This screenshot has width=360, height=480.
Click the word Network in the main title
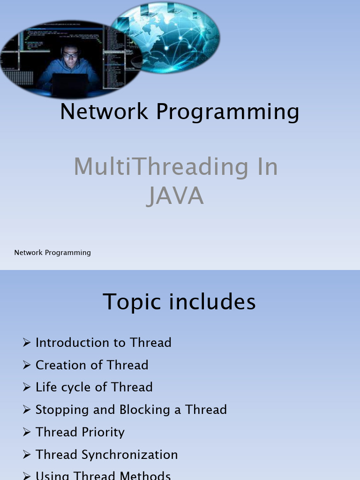point(104,112)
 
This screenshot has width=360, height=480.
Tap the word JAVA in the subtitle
point(175,196)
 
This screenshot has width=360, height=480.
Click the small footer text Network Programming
point(52,253)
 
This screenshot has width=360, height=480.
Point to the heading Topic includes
point(179,301)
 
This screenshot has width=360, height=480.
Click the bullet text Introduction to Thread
point(103,343)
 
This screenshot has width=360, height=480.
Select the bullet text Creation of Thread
point(92,365)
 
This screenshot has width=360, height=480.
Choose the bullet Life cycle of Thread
point(94,387)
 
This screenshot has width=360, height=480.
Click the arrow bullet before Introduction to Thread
point(27,343)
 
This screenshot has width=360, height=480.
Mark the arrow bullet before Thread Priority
point(27,432)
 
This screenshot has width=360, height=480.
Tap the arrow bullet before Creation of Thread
point(27,365)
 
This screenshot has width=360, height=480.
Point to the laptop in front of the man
point(69,83)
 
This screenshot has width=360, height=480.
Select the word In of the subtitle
point(266,167)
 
